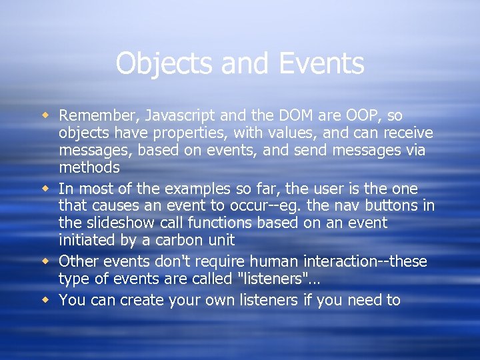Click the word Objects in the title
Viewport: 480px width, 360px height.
159,64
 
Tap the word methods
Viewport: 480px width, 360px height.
89,167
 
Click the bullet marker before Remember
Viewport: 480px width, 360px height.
46,116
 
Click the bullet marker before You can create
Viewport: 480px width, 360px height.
46,300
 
